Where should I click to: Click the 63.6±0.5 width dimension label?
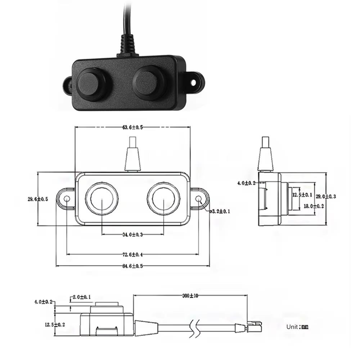coord(132,127)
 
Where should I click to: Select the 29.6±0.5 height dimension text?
coord(38,199)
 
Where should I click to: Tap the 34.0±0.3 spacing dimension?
coord(132,234)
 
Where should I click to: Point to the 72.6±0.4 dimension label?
coord(132,255)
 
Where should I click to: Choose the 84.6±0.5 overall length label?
coord(132,266)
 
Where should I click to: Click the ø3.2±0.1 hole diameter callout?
coord(220,211)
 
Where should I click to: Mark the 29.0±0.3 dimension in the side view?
coord(326,196)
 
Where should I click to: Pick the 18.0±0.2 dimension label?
coord(314,206)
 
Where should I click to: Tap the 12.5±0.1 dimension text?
coord(302,195)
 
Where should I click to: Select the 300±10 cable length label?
coord(190,296)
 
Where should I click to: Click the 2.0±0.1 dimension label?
coord(82,297)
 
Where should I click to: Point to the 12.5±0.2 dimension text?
coord(55,324)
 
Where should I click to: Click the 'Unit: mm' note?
coord(297,327)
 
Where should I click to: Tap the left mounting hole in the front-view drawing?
coord(67,198)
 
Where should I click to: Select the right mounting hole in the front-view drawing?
coord(198,198)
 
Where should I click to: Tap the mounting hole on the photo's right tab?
coord(194,83)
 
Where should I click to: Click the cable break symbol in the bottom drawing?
coord(194,328)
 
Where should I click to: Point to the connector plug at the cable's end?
coord(254,326)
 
